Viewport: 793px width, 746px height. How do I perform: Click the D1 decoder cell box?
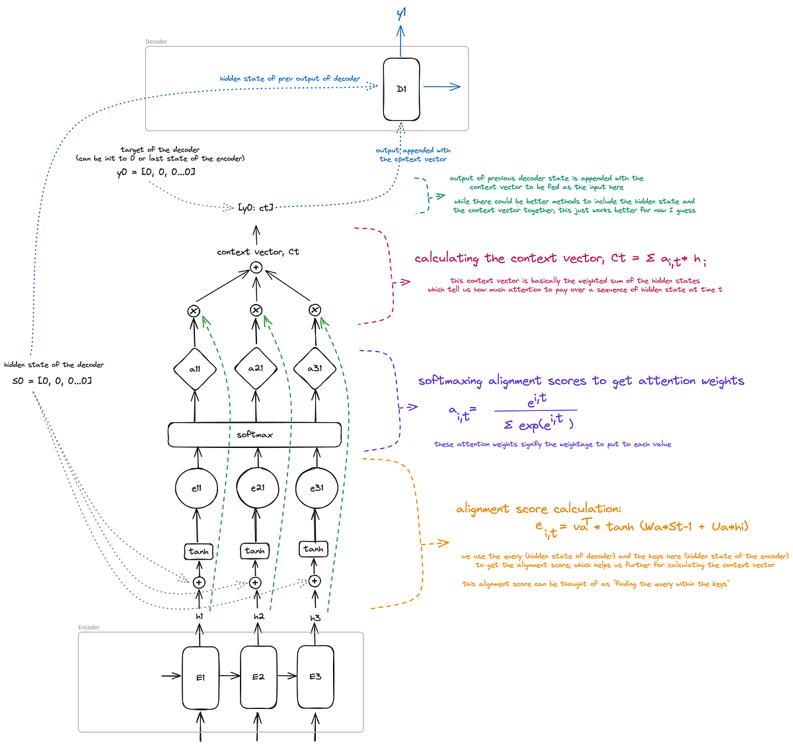pyautogui.click(x=401, y=90)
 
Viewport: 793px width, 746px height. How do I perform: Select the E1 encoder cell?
pyautogui.click(x=201, y=677)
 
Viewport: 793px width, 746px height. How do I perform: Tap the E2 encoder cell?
pyautogui.click(x=258, y=677)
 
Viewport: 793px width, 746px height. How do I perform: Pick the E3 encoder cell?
pyautogui.click(x=315, y=677)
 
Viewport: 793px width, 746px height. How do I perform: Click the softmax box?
pyautogui.click(x=254, y=434)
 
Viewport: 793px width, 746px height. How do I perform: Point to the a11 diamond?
pyautogui.click(x=195, y=369)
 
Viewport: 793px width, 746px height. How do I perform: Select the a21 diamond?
pyautogui.click(x=256, y=368)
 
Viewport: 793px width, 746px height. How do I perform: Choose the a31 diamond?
pyautogui.click(x=315, y=368)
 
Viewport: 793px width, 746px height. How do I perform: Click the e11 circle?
pyautogui.click(x=196, y=488)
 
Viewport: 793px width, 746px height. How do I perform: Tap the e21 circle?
pyautogui.click(x=257, y=488)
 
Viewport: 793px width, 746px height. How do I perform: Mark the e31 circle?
pyautogui.click(x=316, y=488)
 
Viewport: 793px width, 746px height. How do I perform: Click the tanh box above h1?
pyautogui.click(x=198, y=551)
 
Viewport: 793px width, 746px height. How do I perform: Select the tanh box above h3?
pyautogui.click(x=313, y=549)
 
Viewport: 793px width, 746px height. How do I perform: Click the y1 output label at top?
pyautogui.click(x=401, y=13)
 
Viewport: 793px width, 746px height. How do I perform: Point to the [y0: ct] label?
pyautogui.click(x=255, y=207)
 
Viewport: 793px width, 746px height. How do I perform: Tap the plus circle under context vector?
pyautogui.click(x=256, y=268)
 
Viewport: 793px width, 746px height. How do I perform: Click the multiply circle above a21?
pyautogui.click(x=256, y=310)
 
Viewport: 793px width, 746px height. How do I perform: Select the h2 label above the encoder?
pyautogui.click(x=258, y=616)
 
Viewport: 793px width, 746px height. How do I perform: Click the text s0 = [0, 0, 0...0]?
pyautogui.click(x=52, y=381)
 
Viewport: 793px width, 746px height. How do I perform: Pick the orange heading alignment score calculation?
pyautogui.click(x=539, y=509)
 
